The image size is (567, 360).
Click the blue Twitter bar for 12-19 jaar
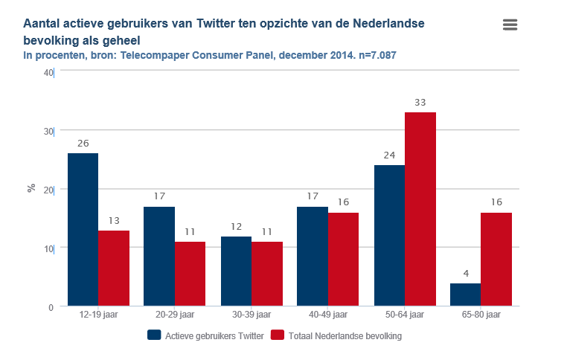(83, 229)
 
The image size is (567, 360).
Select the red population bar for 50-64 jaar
(420, 209)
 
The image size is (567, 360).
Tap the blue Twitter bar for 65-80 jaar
(465, 295)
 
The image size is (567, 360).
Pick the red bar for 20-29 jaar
(190, 274)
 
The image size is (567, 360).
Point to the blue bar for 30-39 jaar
(236, 271)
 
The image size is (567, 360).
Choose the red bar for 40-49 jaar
(343, 259)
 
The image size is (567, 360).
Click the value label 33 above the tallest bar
(420, 102)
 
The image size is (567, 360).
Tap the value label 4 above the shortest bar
(465, 273)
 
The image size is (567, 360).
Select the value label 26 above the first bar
(83, 143)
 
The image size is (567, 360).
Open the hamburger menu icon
(510, 25)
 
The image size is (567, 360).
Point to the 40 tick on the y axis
(48, 72)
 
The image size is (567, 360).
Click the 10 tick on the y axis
(48, 248)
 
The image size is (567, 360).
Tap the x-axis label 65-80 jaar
(481, 315)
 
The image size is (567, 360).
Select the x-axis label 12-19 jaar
(98, 315)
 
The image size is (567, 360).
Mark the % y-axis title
(31, 188)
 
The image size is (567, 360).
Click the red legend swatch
(278, 335)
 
